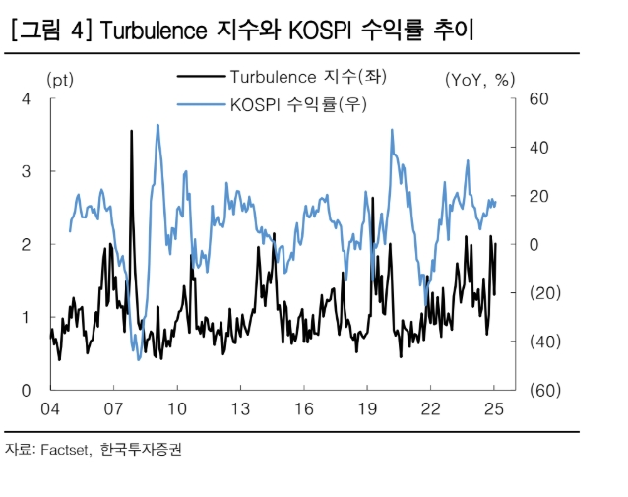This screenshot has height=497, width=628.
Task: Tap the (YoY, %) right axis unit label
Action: click(x=480, y=80)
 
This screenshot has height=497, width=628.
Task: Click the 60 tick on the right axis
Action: click(x=537, y=98)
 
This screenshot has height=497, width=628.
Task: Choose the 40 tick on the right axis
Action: click(x=537, y=147)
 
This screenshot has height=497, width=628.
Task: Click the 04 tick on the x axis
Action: click(x=50, y=408)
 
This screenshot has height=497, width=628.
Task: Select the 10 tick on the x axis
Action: click(x=177, y=408)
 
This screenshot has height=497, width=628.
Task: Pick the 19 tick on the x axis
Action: click(x=367, y=408)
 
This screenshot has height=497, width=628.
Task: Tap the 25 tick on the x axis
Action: click(x=494, y=408)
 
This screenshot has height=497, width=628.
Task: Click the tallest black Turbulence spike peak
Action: click(x=132, y=131)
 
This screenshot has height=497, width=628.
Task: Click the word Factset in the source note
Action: click(x=65, y=450)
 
